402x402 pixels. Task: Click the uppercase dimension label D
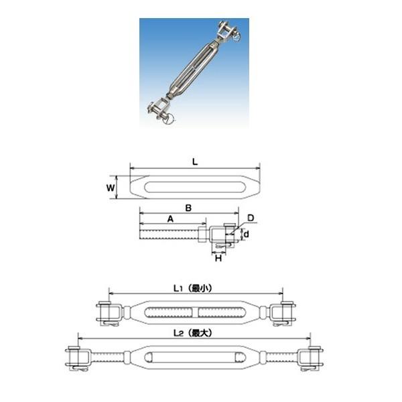(x=250, y=218)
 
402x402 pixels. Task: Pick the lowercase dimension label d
(x=247, y=234)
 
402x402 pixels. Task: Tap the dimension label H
(x=217, y=258)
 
